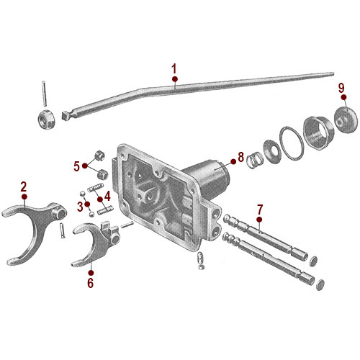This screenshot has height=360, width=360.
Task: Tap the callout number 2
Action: tap(24, 186)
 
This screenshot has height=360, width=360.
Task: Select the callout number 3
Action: tap(80, 207)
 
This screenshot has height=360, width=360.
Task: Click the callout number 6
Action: tap(91, 283)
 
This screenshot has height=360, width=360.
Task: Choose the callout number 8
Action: tap(241, 156)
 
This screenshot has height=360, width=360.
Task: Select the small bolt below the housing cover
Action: tap(199, 263)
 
